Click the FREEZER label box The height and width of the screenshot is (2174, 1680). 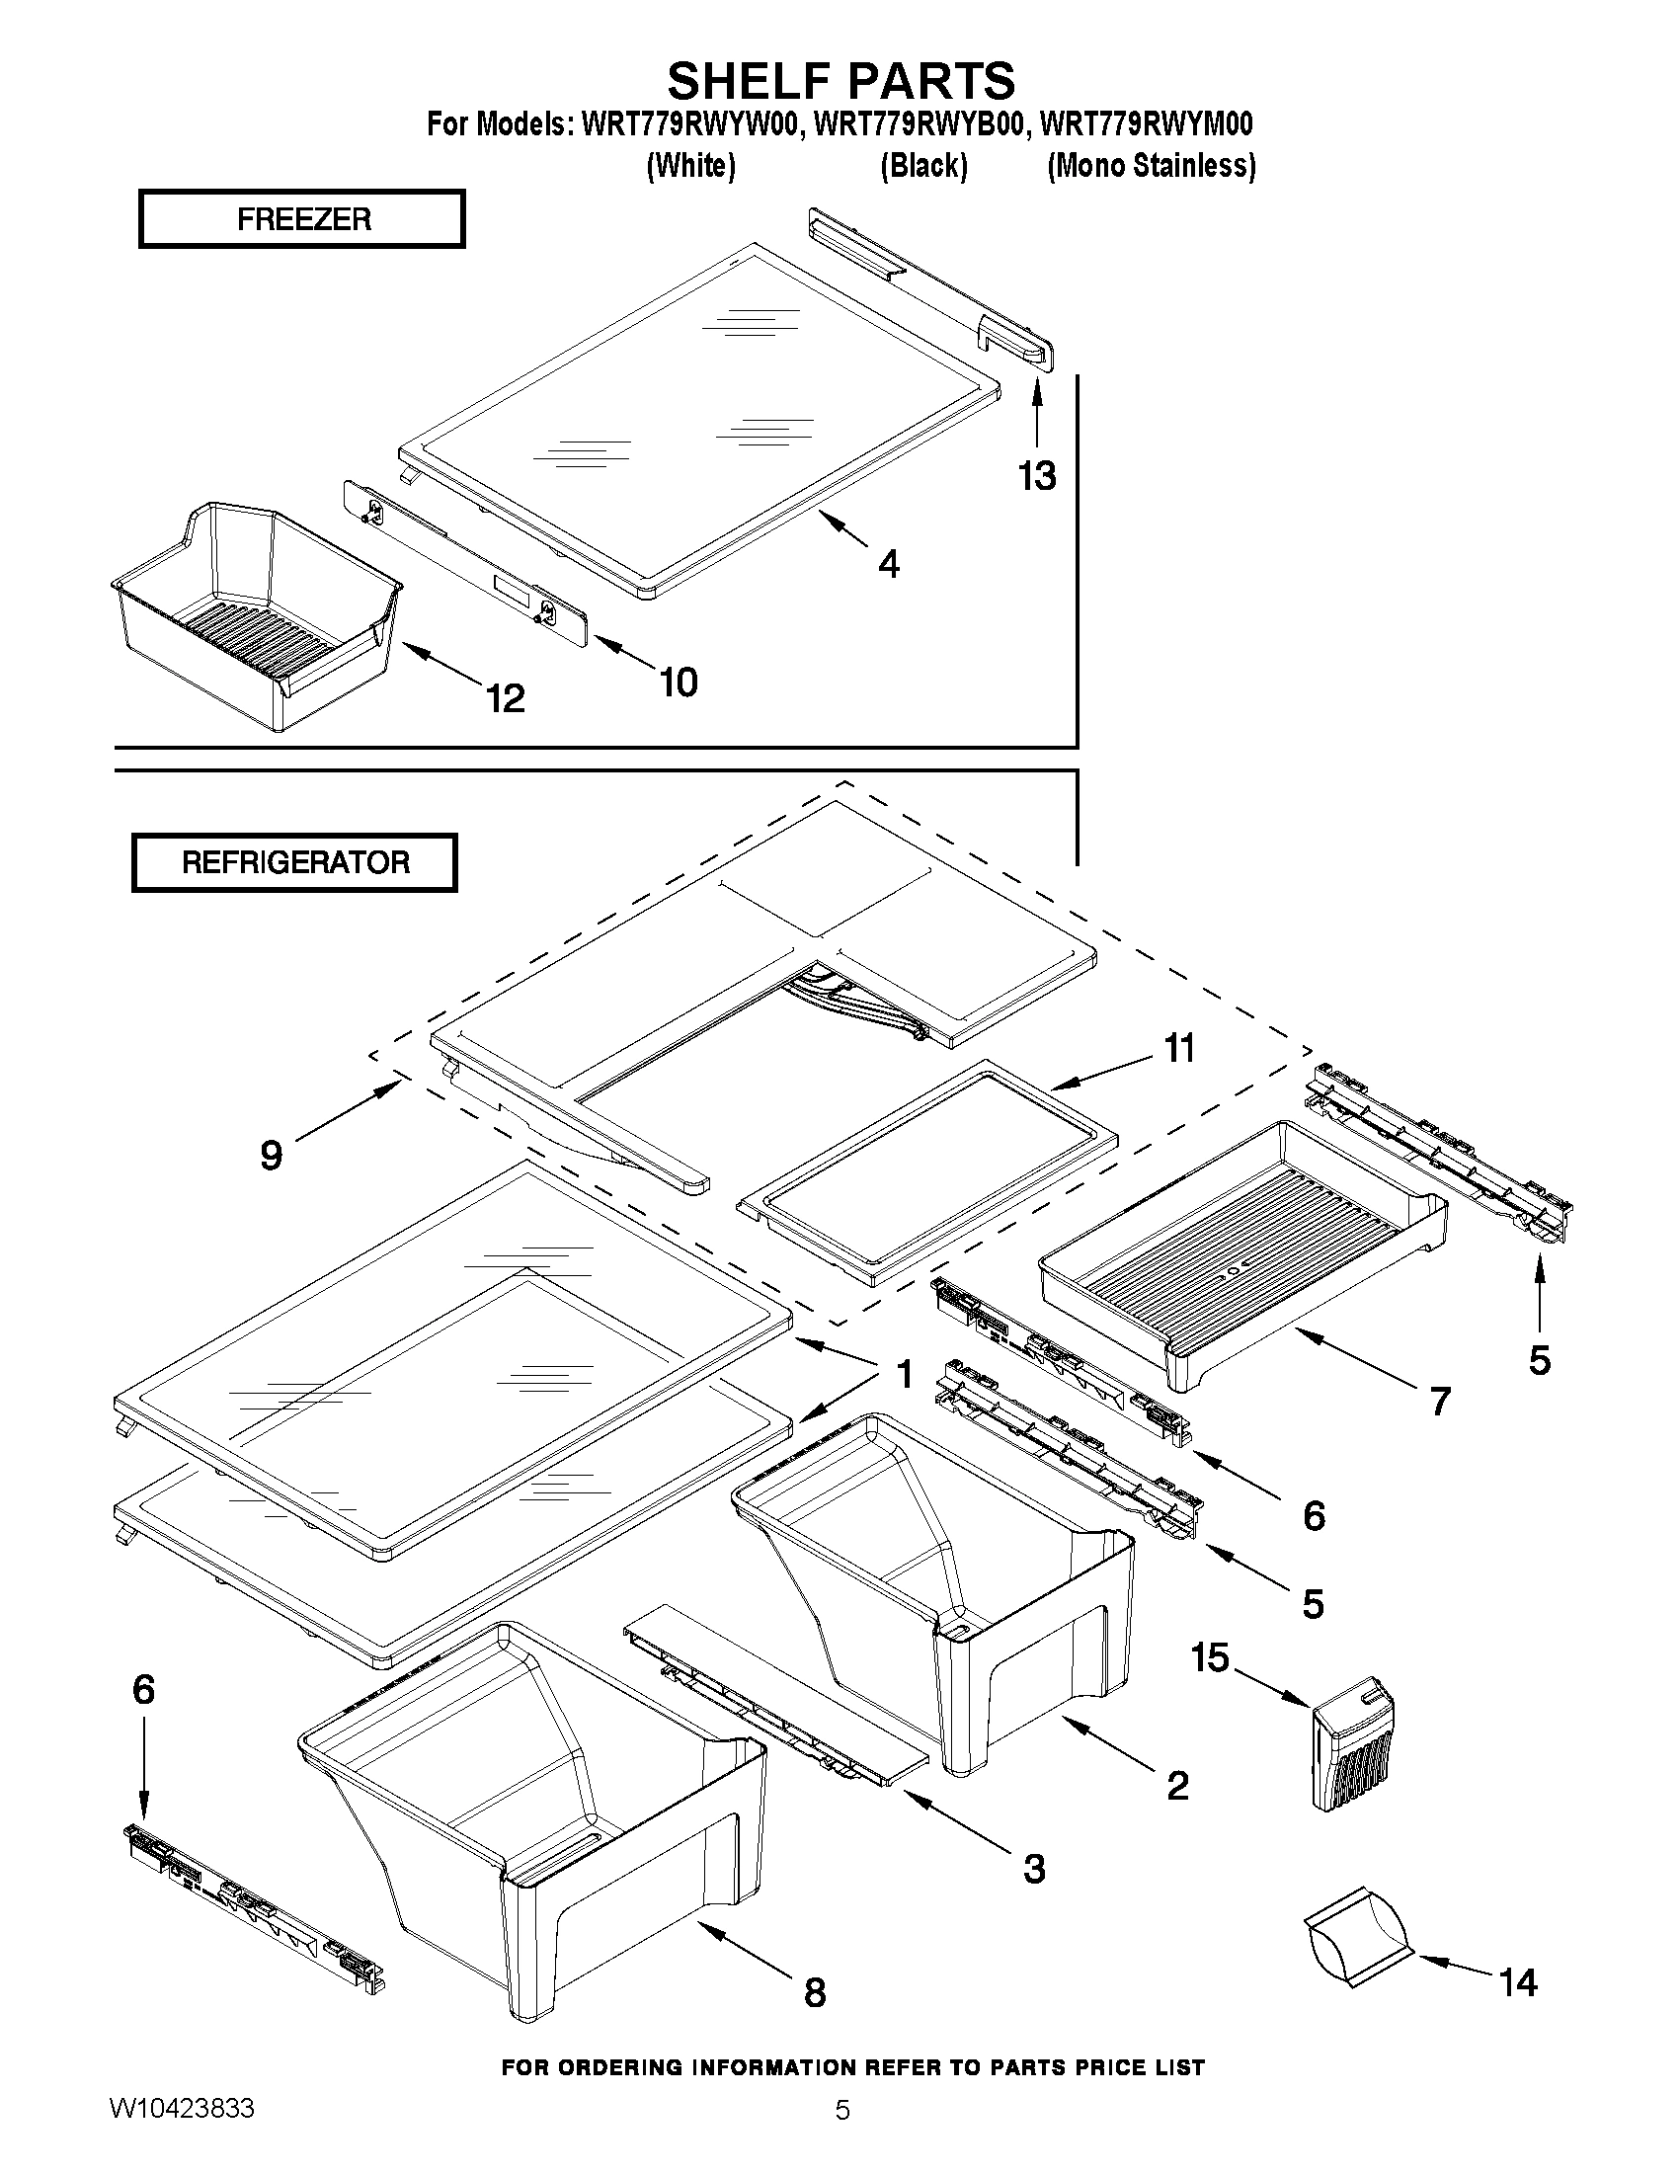(x=301, y=219)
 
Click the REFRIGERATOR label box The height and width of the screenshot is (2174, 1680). (x=294, y=862)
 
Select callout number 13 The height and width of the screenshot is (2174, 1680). (x=1036, y=476)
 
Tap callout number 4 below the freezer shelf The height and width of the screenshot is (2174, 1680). (x=888, y=564)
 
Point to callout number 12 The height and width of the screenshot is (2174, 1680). (x=506, y=697)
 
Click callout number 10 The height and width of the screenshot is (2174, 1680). (x=678, y=682)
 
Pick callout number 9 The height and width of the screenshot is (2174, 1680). (x=271, y=1156)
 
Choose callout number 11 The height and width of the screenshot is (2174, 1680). (x=1179, y=1048)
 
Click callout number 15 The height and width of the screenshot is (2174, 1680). (x=1210, y=1658)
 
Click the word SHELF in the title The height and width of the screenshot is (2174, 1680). (x=748, y=80)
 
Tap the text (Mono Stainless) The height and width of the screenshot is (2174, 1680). (x=1151, y=165)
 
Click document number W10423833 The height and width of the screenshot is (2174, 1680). (x=181, y=2137)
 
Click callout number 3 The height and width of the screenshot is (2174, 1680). (x=1034, y=1869)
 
